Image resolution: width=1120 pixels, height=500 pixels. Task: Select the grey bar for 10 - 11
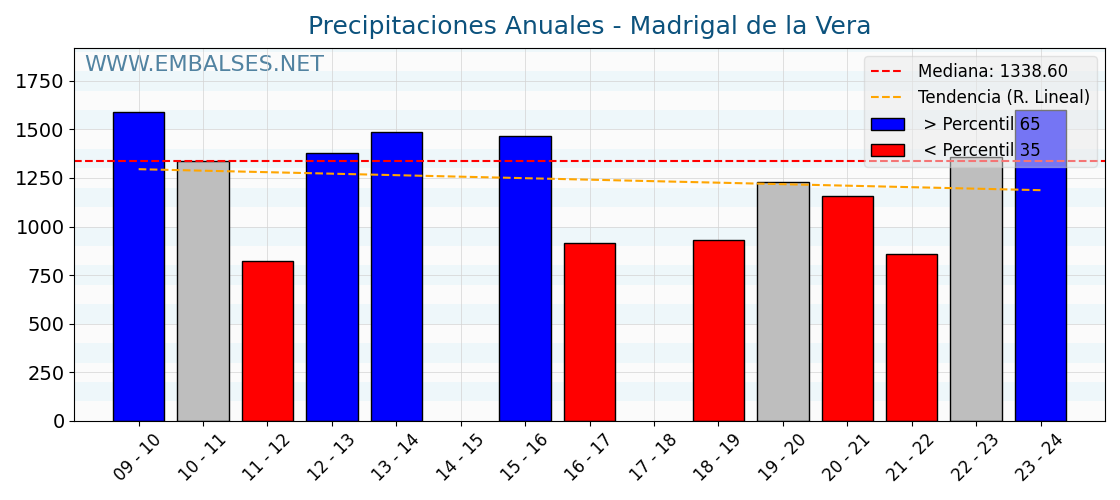pyautogui.click(x=203, y=291)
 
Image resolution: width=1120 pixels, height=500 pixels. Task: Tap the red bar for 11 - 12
pyautogui.click(x=268, y=341)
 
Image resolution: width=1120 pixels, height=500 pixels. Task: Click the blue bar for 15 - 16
pyautogui.click(x=525, y=279)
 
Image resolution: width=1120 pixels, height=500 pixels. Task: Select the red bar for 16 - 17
pyautogui.click(x=590, y=332)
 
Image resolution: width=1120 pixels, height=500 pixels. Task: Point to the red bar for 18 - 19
pyautogui.click(x=719, y=331)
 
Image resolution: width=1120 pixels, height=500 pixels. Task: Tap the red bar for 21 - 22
pyautogui.click(x=912, y=338)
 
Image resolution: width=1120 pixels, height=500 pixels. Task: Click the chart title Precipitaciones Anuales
pyautogui.click(x=589, y=26)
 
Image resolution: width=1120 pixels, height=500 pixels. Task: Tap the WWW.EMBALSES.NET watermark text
pyautogui.click(x=204, y=65)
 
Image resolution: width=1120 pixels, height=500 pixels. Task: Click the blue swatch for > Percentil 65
pyautogui.click(x=887, y=125)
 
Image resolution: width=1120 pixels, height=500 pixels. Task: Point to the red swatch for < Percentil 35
pyautogui.click(x=887, y=151)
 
